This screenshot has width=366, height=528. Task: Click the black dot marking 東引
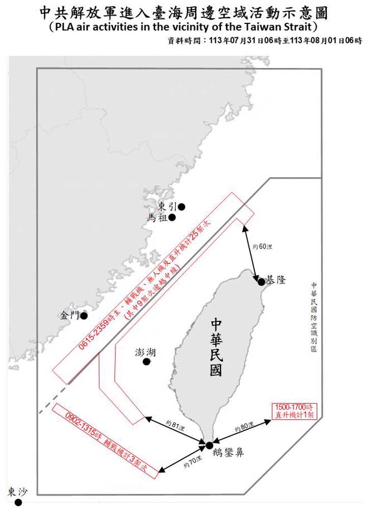181,207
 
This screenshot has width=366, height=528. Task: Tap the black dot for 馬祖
173,218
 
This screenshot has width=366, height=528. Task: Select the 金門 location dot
84,316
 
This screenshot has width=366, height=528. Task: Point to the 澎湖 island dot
146,362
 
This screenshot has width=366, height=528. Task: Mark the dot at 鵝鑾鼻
209,445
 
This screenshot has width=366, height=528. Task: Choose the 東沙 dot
18,502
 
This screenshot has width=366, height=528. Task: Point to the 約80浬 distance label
244,427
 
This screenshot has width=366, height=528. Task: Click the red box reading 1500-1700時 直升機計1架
297,410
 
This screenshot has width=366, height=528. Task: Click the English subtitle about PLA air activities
183,27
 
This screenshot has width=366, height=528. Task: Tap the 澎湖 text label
146,352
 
